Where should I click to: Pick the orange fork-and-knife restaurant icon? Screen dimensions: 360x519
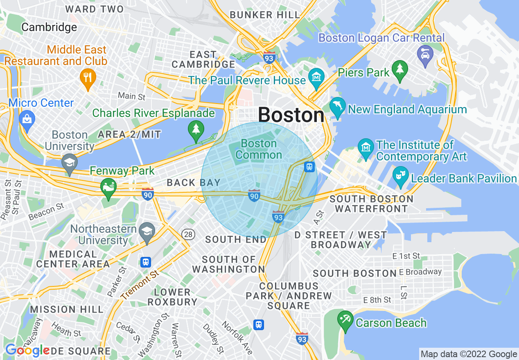(x=87, y=76)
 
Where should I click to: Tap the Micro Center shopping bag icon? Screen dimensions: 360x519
(x=27, y=119)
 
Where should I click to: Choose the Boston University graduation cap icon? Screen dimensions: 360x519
(x=70, y=162)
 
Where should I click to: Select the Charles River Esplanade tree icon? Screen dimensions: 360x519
(x=196, y=130)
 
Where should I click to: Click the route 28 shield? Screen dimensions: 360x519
(x=188, y=234)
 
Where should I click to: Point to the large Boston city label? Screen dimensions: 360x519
(x=291, y=115)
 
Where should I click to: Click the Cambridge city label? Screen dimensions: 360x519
(x=49, y=27)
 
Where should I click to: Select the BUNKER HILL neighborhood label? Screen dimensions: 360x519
(x=265, y=15)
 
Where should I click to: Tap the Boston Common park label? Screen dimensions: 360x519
(x=259, y=149)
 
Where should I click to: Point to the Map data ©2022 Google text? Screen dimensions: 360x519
(x=469, y=354)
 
